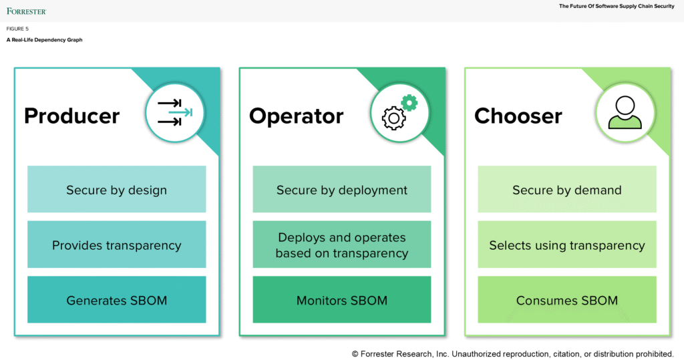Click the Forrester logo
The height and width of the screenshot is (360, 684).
click(27, 11)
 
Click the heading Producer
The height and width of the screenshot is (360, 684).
click(71, 116)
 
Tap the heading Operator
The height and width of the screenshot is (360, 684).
click(296, 116)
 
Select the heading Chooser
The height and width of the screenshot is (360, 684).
click(518, 116)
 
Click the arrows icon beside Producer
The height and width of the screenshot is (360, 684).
click(174, 112)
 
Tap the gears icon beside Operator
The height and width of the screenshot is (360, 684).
click(399, 112)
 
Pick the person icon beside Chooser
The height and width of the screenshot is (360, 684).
click(625, 112)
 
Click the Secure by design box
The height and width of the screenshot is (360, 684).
click(116, 190)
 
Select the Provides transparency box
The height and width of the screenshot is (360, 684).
click(116, 245)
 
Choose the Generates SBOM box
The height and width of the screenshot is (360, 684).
click(116, 300)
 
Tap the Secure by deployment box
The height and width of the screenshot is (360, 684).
click(341, 190)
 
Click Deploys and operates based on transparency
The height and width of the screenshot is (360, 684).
click(341, 245)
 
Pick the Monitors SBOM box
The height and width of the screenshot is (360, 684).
click(341, 300)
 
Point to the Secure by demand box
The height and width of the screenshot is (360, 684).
click(566, 190)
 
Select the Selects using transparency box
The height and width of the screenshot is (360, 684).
click(566, 245)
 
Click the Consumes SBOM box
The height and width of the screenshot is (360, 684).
click(566, 300)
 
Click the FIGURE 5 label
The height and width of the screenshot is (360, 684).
click(18, 29)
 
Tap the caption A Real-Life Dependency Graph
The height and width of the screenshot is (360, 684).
click(44, 40)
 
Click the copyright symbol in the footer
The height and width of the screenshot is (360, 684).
click(355, 353)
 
